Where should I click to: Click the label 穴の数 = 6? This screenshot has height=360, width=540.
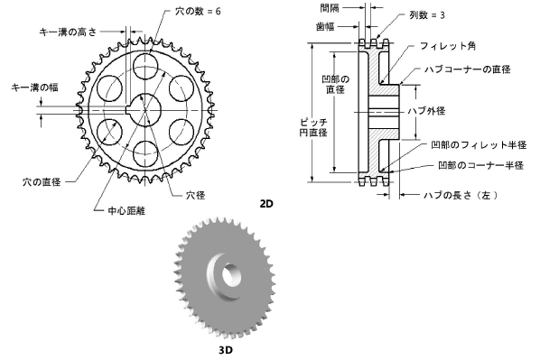click(x=198, y=12)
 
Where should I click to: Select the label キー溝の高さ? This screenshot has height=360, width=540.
click(x=68, y=32)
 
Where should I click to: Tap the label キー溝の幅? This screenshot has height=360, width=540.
click(x=34, y=88)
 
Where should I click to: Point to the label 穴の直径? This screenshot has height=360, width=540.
click(x=42, y=181)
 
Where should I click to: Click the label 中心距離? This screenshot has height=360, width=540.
click(x=126, y=210)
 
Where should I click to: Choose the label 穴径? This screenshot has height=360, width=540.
click(x=196, y=196)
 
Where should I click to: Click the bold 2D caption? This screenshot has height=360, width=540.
click(x=266, y=204)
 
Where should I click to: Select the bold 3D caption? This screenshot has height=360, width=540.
click(x=226, y=350)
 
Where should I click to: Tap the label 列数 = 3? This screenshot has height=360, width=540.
click(x=427, y=15)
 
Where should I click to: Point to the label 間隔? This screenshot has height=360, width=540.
click(x=330, y=8)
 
